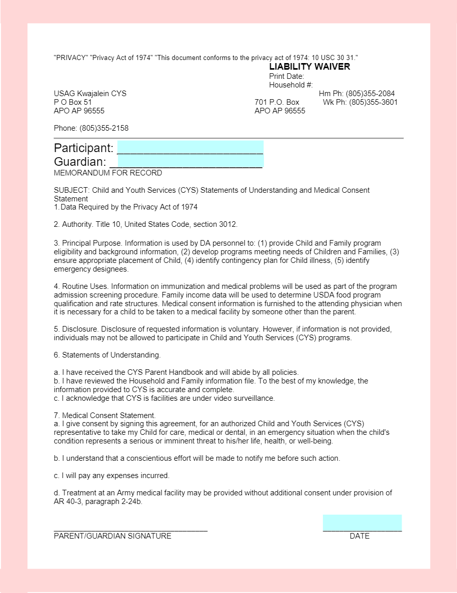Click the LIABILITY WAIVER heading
click(309, 67)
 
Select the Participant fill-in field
click(190, 148)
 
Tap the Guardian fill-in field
click(186, 162)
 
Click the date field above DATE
click(362, 523)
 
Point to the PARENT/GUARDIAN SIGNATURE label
click(112, 536)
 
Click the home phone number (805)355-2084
click(370, 94)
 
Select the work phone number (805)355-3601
click(373, 102)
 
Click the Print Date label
click(286, 76)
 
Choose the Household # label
click(291, 85)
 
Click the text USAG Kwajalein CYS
click(90, 94)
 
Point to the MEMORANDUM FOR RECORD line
click(108, 173)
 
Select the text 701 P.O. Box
click(277, 102)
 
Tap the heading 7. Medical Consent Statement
click(105, 416)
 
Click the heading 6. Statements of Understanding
click(107, 355)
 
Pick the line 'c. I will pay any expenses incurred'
click(111, 476)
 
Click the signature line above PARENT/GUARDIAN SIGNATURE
click(130, 530)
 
